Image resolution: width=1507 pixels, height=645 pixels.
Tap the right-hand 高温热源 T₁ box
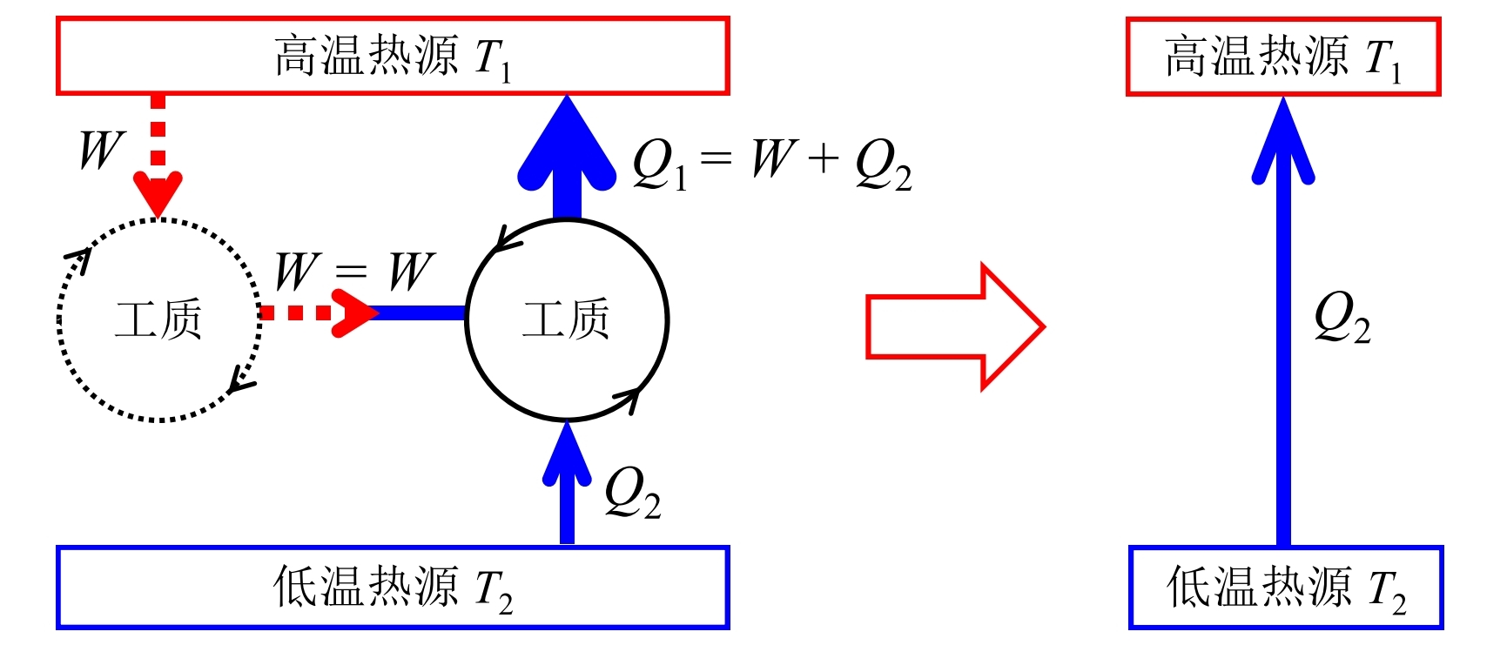click(1282, 57)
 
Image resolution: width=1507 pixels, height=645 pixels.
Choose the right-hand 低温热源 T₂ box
click(1285, 587)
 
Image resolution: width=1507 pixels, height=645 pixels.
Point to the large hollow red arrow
click(955, 326)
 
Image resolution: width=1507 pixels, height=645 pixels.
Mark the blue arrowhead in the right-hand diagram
click(1282, 144)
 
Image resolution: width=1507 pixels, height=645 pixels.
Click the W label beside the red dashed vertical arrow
click(101, 150)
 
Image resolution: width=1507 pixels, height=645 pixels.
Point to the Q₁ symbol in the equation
click(658, 164)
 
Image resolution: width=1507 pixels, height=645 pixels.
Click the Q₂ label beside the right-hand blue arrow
click(1342, 317)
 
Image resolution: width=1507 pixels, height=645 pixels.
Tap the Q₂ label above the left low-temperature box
click(632, 492)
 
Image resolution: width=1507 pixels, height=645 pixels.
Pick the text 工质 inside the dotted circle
click(158, 319)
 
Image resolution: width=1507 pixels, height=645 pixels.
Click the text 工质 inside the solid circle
click(566, 319)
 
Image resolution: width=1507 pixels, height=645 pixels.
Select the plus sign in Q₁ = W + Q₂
click(823, 159)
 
